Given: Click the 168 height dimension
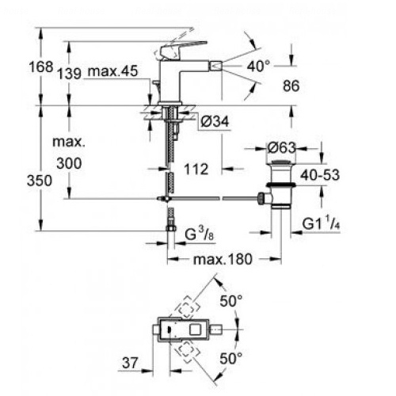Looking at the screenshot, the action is coord(41,67).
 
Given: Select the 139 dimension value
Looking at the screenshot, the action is coord(70,74).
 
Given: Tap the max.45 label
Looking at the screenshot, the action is coord(112,71).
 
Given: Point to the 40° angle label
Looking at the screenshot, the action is coord(259,66).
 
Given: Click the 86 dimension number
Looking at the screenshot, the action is coord(291,86).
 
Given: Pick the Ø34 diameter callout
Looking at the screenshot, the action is coord(215,121).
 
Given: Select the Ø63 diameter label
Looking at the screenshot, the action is coord(281,147).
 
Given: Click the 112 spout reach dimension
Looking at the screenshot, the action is coord(196,169).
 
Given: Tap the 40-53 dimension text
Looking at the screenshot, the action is coord(320,175).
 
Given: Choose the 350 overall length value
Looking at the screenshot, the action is coord(40,181).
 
